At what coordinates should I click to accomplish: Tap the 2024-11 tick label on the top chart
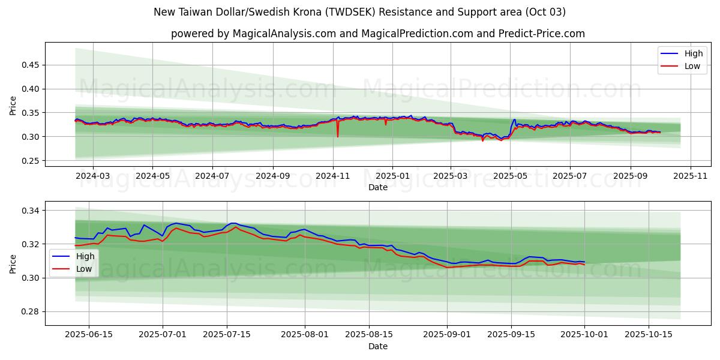(332, 176)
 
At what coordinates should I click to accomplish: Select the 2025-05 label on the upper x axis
(510, 176)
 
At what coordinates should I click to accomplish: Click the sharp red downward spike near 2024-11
(337, 136)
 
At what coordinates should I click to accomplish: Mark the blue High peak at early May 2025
(514, 120)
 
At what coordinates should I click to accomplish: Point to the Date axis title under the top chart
(378, 187)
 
